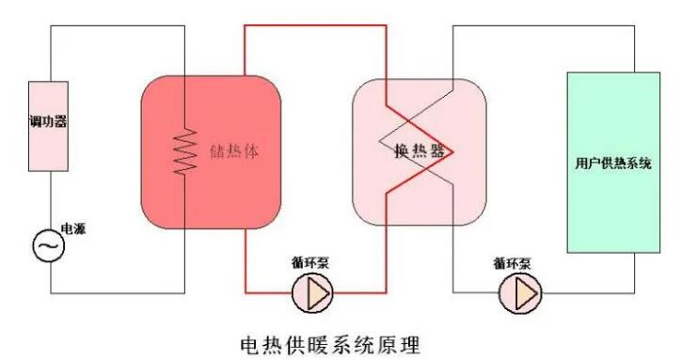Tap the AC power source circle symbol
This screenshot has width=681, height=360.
click(48, 245)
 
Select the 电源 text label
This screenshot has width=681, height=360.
click(73, 228)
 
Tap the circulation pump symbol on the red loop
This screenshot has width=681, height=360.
click(312, 293)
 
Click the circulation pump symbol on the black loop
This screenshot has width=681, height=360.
click(521, 293)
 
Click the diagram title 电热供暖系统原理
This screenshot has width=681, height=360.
click(340, 336)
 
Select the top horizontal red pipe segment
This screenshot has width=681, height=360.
click(315, 25)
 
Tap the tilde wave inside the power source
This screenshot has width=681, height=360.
click(48, 246)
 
